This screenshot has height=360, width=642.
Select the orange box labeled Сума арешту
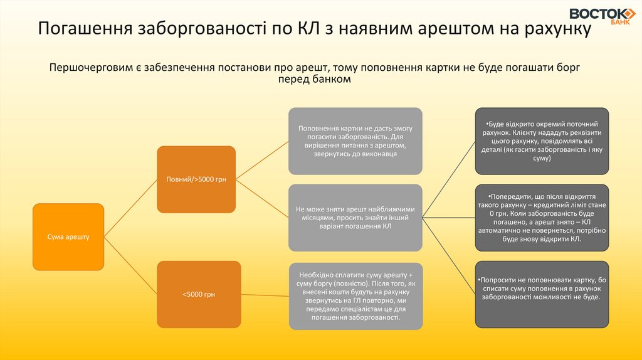[68, 236]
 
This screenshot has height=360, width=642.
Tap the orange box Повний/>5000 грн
[196, 179]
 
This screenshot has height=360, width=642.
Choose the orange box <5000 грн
[199, 294]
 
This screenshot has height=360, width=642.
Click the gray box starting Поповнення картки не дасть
[355, 141]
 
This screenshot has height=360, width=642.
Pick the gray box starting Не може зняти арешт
[355, 217]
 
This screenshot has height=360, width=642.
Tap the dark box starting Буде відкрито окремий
[542, 141]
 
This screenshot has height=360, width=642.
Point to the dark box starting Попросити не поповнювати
[542, 294]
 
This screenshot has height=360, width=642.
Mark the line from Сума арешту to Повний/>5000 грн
[130, 208]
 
